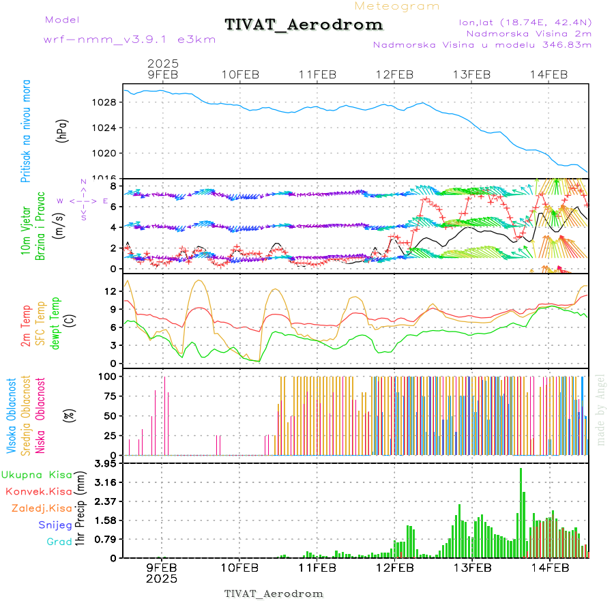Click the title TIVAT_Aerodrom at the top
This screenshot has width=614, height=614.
click(x=304, y=25)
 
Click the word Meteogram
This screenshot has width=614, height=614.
click(x=397, y=6)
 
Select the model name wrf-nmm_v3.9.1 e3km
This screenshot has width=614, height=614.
click(x=129, y=39)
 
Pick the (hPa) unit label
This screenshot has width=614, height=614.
click(x=62, y=130)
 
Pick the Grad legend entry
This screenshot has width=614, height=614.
click(x=59, y=542)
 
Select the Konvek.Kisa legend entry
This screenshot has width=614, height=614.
click(x=38, y=491)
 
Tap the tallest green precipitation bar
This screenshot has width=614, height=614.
click(x=521, y=512)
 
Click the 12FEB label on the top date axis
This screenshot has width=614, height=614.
click(x=394, y=74)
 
